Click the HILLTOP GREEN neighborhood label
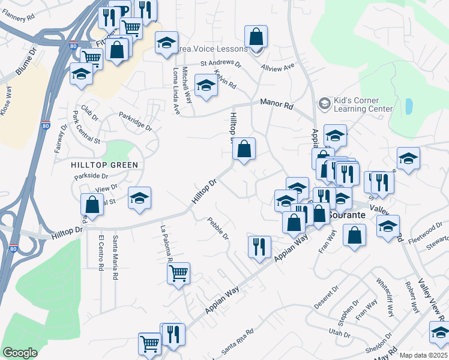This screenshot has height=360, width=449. click(x=104, y=165)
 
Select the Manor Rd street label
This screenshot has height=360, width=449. click(x=276, y=103)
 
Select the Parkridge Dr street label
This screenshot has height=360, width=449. click(x=135, y=120)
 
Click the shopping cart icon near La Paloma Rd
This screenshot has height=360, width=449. click(x=179, y=274)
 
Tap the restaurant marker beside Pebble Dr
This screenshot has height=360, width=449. click(x=259, y=247)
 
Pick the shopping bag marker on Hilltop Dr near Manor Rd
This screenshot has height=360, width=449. click(x=244, y=149)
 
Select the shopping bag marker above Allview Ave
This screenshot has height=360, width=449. click(x=256, y=37)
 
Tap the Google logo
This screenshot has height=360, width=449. click(x=19, y=353)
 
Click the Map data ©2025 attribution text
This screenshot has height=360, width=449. click(x=424, y=355)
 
